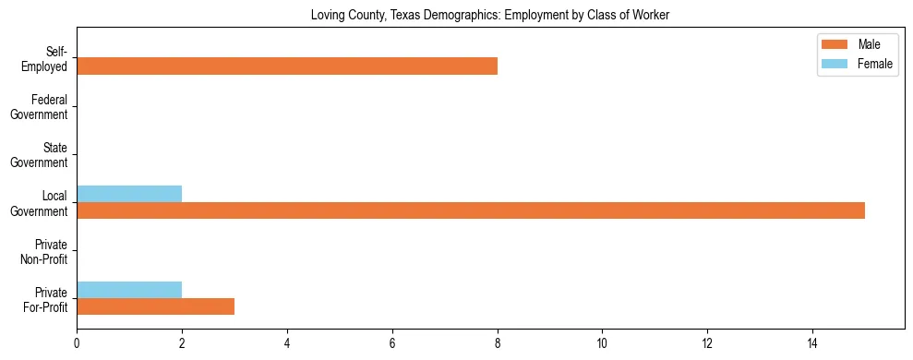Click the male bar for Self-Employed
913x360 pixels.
[287, 66]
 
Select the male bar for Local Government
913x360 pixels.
[471, 210]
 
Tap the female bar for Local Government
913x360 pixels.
[129, 194]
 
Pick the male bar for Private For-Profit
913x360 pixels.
[155, 306]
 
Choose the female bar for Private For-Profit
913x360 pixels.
[129, 290]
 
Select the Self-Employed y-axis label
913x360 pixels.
[51, 58]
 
